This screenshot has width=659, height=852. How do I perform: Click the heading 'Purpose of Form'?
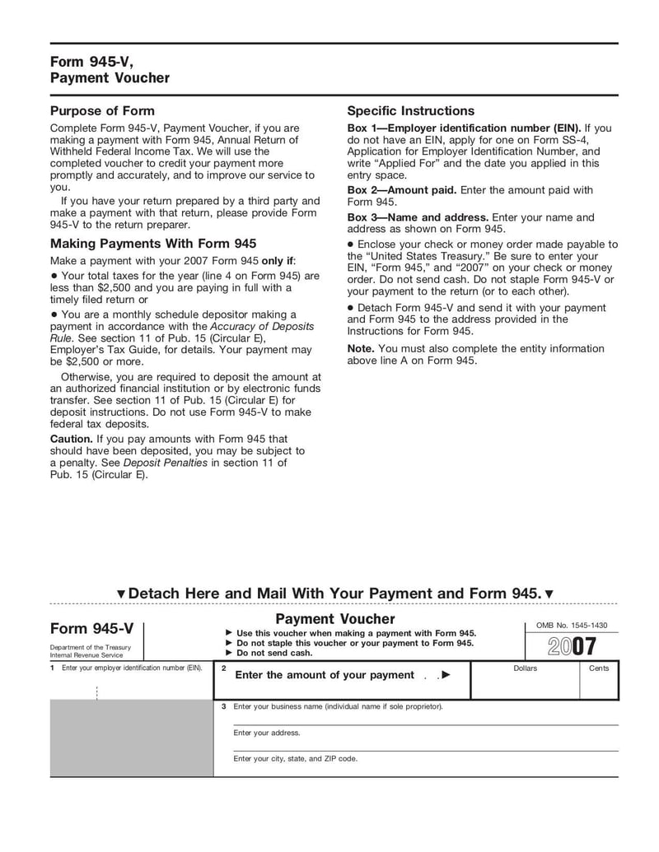(102, 110)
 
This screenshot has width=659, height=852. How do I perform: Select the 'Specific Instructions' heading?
(410, 110)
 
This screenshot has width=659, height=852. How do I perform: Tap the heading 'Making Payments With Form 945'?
(153, 243)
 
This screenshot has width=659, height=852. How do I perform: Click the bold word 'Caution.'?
(71, 439)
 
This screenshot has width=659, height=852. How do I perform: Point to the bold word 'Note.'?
(361, 348)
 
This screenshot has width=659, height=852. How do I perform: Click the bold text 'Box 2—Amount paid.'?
(402, 190)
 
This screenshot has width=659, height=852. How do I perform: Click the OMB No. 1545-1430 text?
(572, 626)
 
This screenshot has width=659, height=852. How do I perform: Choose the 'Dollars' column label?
(525, 668)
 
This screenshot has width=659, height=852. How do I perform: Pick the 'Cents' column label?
(599, 668)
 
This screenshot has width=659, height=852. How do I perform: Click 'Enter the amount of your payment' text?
(325, 675)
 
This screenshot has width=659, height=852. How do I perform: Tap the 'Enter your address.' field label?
(267, 733)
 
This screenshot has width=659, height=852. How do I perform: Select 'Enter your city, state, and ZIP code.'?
(295, 759)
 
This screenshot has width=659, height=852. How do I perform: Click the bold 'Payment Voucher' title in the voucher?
(334, 618)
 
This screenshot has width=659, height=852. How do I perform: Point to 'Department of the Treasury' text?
(90, 647)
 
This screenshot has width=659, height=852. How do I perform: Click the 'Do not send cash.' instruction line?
(273, 653)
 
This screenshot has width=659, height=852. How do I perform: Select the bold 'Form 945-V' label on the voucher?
(91, 628)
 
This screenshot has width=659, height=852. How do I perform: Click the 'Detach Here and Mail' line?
(334, 594)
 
